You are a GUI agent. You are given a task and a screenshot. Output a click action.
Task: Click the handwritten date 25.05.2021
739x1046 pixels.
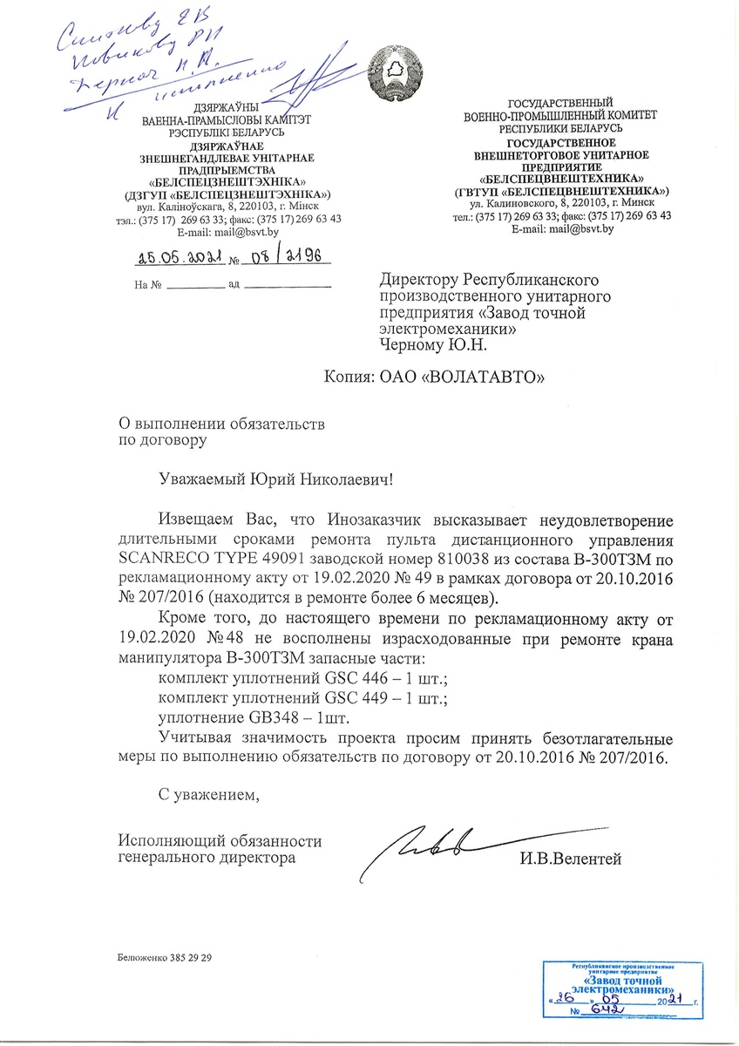(x=181, y=258)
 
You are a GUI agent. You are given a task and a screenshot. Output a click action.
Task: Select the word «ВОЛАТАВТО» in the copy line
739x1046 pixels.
(x=485, y=377)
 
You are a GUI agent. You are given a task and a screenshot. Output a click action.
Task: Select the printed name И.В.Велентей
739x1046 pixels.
(x=570, y=859)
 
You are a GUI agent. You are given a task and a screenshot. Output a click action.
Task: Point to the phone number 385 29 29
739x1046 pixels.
(x=190, y=957)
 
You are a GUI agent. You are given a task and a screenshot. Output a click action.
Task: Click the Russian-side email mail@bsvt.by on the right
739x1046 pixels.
(x=575, y=229)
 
